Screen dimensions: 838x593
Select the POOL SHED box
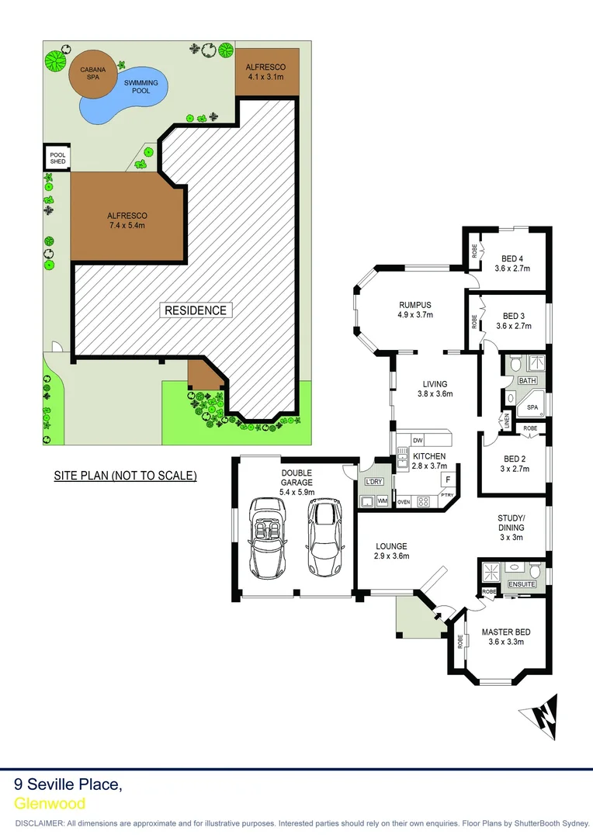tap(57, 158)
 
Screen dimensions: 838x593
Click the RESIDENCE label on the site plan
tap(196, 310)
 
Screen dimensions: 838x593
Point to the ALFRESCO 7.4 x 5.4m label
tap(127, 220)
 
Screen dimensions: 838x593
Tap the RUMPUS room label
tap(414, 310)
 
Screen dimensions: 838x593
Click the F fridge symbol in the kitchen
tap(448, 480)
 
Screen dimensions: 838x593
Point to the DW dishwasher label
tap(417, 440)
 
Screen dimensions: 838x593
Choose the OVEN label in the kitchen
tap(404, 502)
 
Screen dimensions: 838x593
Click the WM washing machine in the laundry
tap(382, 502)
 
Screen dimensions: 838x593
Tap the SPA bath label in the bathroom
tap(532, 407)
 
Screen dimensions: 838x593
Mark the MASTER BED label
tap(506, 636)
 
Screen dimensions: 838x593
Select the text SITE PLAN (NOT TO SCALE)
tap(125, 475)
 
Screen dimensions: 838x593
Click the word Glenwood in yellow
tap(50, 804)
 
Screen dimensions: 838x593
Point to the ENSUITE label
tap(522, 583)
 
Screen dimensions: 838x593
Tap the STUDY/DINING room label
tap(512, 528)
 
